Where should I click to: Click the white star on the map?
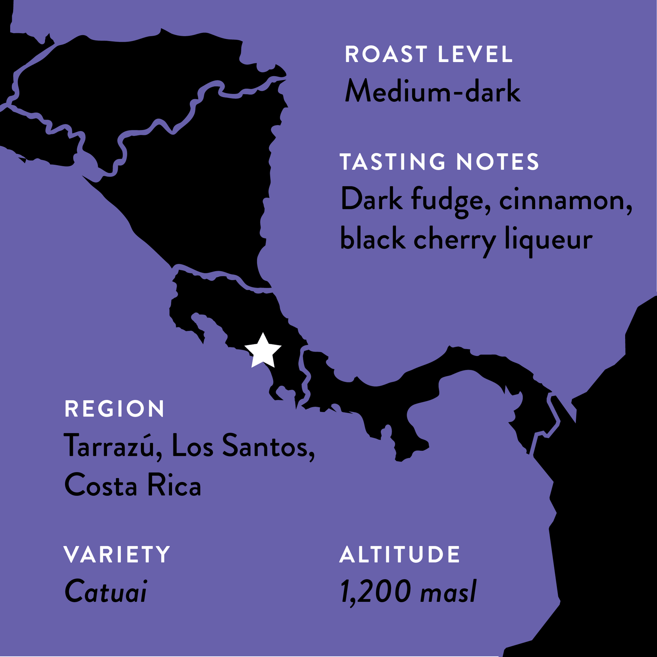tap(263, 351)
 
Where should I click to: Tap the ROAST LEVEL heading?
tap(428, 55)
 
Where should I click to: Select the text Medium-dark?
tap(433, 91)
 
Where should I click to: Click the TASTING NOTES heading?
tap(439, 162)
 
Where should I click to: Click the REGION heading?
tap(115, 409)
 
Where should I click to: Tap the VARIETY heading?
tap(117, 554)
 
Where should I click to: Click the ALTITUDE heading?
tap(400, 554)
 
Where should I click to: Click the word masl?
tap(448, 592)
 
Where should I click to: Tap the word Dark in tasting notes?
tap(371, 200)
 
